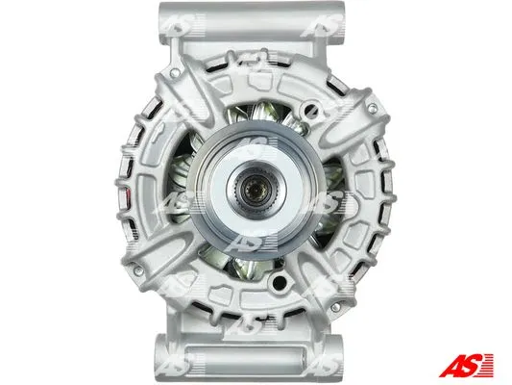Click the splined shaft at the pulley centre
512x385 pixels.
256,190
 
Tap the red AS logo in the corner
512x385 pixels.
466,366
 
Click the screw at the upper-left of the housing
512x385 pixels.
176,73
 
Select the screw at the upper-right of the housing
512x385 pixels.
372,107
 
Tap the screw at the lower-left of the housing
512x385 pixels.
138,270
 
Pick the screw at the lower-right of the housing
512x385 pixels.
335,307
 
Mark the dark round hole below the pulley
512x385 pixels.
280,283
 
